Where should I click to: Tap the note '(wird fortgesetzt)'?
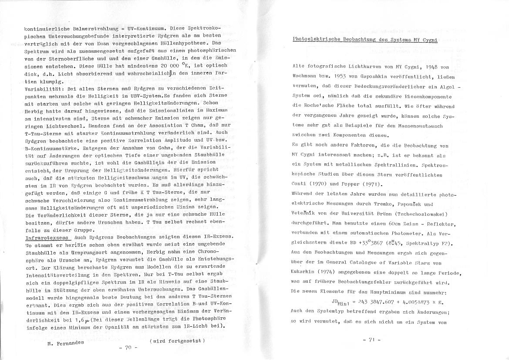click(x=177, y=340)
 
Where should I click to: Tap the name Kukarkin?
click(x=305, y=272)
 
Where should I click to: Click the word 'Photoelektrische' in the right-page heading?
click(x=316, y=39)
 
